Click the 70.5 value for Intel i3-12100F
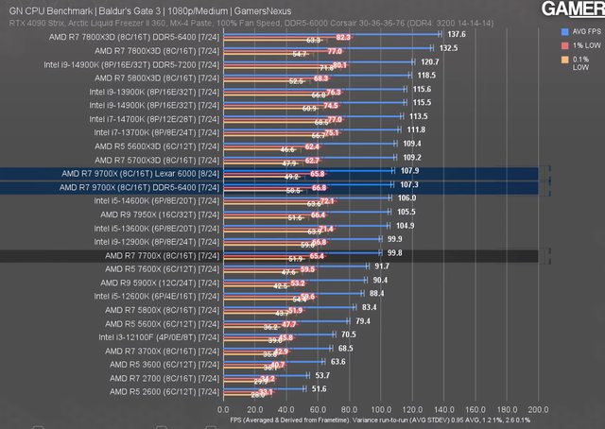[x=349, y=335]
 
